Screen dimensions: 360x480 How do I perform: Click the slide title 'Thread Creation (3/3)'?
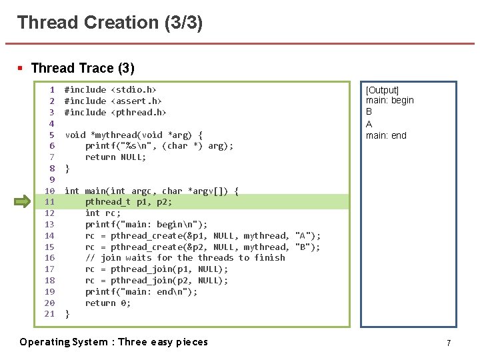click(x=110, y=23)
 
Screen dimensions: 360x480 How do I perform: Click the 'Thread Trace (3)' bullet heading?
click(x=82, y=68)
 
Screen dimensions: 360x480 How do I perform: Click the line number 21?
click(x=49, y=314)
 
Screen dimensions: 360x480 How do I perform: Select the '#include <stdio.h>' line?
click(x=110, y=89)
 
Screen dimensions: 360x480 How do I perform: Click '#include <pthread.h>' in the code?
click(x=115, y=112)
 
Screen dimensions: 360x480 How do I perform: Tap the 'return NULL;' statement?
click(x=115, y=157)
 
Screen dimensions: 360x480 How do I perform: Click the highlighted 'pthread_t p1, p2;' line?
click(x=128, y=201)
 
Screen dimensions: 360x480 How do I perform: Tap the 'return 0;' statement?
click(x=108, y=303)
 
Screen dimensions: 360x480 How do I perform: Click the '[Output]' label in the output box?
click(x=383, y=90)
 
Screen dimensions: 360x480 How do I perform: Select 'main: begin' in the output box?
click(x=390, y=101)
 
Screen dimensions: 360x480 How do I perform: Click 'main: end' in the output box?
click(x=386, y=135)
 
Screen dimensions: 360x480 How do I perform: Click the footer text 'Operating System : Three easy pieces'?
click(x=113, y=342)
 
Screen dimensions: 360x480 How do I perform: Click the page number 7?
click(x=449, y=343)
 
